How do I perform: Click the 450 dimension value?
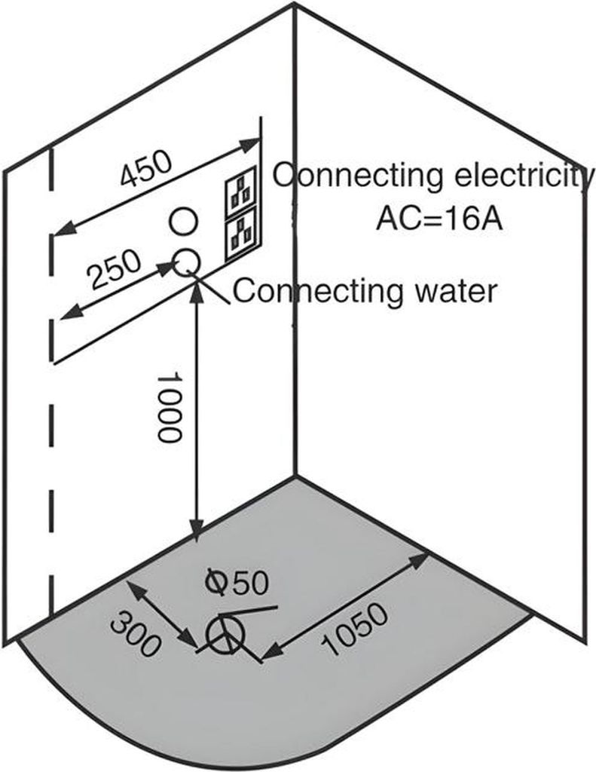(x=146, y=168)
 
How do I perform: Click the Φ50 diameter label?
(x=237, y=581)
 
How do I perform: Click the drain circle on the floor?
(x=226, y=634)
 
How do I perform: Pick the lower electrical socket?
(x=241, y=233)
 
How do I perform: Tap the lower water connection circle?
(x=187, y=262)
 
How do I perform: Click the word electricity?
(x=523, y=176)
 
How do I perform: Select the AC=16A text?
(x=439, y=219)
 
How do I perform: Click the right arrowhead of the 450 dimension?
(x=249, y=145)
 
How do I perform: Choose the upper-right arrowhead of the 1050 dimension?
(x=418, y=560)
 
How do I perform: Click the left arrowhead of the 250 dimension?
(x=71, y=312)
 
